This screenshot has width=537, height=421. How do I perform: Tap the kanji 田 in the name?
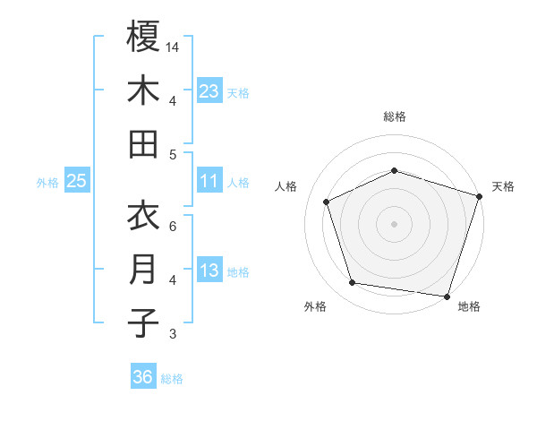[143, 143]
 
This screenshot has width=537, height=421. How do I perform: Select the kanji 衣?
[143, 217]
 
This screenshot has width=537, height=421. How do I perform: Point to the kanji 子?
[143, 322]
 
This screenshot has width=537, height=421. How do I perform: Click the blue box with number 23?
[209, 90]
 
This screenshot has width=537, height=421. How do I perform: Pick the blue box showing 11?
[209, 182]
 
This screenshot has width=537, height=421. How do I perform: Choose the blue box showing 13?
[209, 271]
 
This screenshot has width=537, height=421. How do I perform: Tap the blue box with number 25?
[77, 182]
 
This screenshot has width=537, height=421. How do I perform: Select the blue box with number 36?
[143, 377]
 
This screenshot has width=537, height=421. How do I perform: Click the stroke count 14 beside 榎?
[173, 46]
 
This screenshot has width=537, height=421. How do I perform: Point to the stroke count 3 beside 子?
[173, 334]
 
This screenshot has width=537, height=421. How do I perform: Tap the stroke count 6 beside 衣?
[173, 227]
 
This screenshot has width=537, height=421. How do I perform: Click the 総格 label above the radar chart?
[394, 116]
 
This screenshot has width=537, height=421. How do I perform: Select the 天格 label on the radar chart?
[503, 186]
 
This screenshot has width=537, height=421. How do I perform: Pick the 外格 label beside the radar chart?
[315, 307]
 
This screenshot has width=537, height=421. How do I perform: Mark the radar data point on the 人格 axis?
[327, 202]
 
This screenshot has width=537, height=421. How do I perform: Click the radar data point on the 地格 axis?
[447, 296]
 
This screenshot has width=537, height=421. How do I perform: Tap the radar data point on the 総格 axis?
[394, 170]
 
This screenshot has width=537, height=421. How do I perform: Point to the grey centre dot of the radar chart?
[394, 223]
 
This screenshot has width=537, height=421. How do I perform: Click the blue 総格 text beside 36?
[172, 378]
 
